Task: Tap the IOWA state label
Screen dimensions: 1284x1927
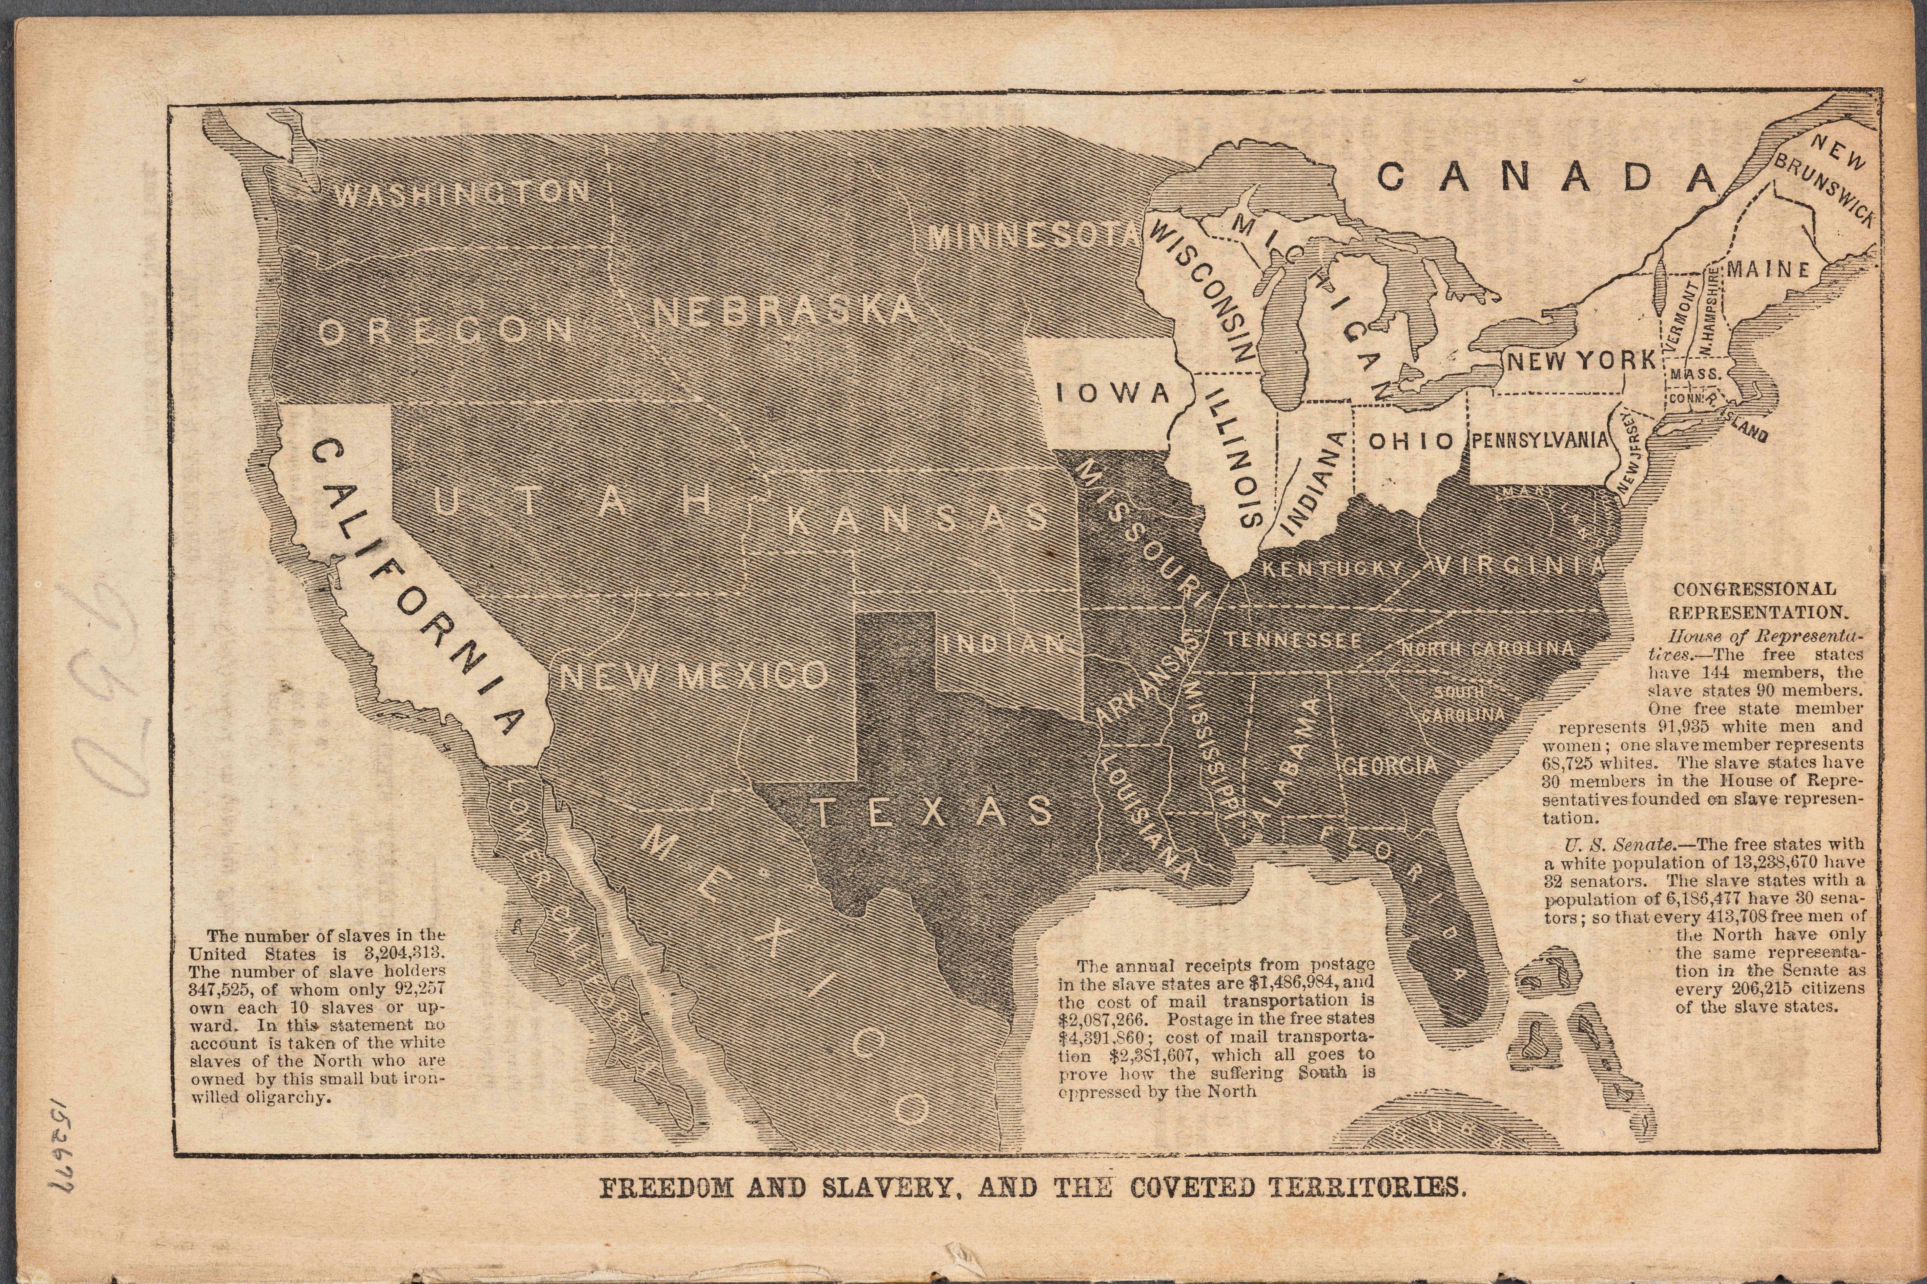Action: tap(1113, 393)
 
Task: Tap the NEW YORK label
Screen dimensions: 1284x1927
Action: tap(1581, 360)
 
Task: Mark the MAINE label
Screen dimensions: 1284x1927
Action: tap(1768, 270)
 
